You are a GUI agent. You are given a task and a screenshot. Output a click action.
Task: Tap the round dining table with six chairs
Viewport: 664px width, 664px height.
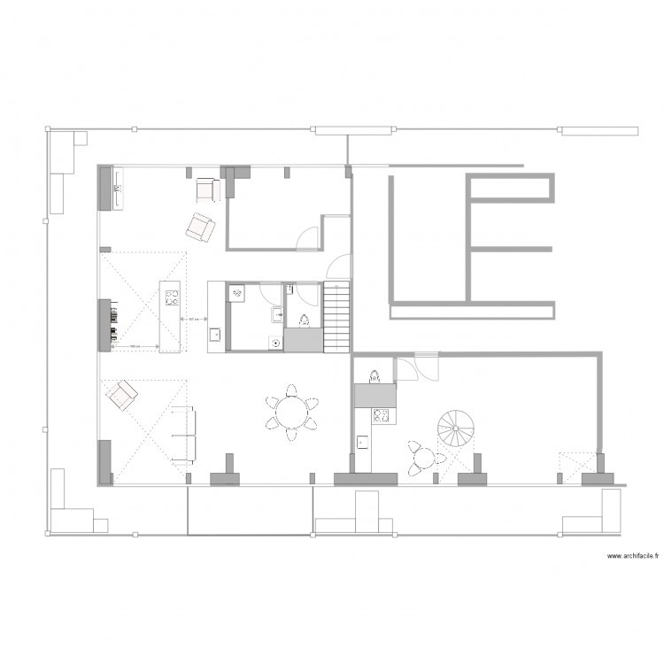click(x=291, y=413)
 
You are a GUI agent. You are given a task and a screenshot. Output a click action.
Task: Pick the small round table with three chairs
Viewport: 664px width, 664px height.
click(x=423, y=458)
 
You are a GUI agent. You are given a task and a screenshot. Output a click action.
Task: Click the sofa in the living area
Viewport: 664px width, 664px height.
click(x=183, y=435)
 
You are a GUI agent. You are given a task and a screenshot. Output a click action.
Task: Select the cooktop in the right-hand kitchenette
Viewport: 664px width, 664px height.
click(x=382, y=413)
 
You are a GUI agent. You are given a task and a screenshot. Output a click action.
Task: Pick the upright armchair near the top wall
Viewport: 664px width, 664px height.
click(x=206, y=189)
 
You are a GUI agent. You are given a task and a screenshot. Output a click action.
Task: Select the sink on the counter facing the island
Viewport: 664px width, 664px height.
click(x=215, y=335)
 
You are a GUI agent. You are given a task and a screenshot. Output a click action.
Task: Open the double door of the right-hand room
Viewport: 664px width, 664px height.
click(x=415, y=363)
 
